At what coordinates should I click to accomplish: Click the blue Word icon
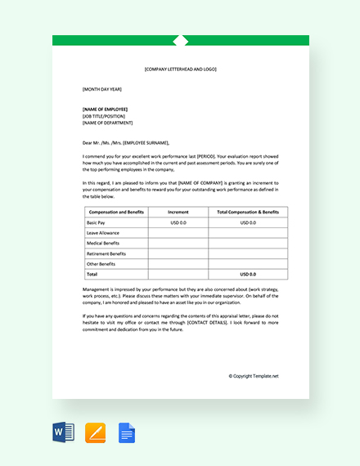[x=64, y=432]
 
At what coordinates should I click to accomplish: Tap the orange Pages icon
[x=96, y=432]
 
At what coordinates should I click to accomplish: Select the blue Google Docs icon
[x=127, y=432]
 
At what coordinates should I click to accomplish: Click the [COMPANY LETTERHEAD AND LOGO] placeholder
[x=181, y=69]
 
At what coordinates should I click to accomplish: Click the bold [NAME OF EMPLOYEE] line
[x=106, y=109]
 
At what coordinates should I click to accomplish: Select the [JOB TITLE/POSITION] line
[x=104, y=116]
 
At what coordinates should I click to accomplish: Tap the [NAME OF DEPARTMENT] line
[x=106, y=123]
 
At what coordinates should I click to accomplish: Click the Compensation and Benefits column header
[x=117, y=212]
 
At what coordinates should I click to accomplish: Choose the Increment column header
[x=178, y=212]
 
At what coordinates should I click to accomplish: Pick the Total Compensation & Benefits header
[x=248, y=212]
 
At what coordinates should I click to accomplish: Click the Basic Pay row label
[x=96, y=222]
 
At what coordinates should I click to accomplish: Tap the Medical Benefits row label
[x=103, y=243]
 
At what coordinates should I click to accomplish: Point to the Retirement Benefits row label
[x=106, y=253]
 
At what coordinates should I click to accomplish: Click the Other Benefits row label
[x=101, y=264]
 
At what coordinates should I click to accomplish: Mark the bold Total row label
[x=92, y=275]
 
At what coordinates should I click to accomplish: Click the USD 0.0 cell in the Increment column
[x=178, y=222]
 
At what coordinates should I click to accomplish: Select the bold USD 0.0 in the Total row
[x=248, y=275]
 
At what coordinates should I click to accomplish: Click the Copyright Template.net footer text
[x=254, y=376]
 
